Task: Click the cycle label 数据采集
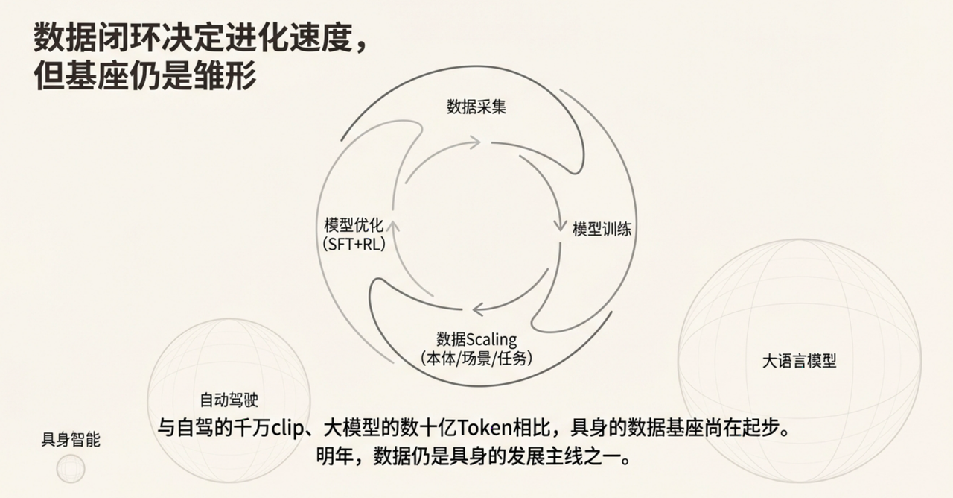coord(476,107)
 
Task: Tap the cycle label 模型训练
coord(602,229)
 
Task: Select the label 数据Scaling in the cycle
coord(476,340)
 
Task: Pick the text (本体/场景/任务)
coord(476,358)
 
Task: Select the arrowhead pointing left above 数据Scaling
coord(477,308)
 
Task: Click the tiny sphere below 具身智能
coord(71,469)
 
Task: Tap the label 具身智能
coord(71,440)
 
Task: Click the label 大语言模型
coord(799,362)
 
